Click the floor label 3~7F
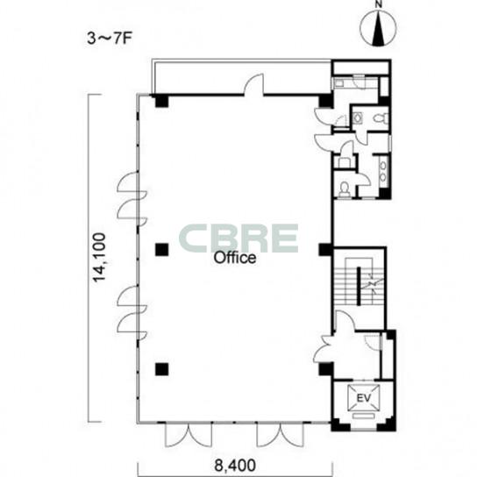click(x=110, y=39)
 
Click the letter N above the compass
click(x=378, y=4)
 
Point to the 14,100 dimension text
click(x=99, y=258)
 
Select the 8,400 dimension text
click(x=235, y=466)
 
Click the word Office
click(x=234, y=258)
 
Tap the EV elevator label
click(x=364, y=398)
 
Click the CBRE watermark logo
click(x=238, y=238)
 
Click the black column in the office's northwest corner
click(x=161, y=101)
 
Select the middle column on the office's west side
click(x=161, y=250)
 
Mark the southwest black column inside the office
click(x=161, y=369)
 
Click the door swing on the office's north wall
click(x=253, y=84)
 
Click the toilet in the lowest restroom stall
click(x=344, y=189)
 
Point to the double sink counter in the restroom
click(x=383, y=171)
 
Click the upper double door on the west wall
click(x=132, y=199)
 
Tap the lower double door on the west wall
click(x=132, y=312)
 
